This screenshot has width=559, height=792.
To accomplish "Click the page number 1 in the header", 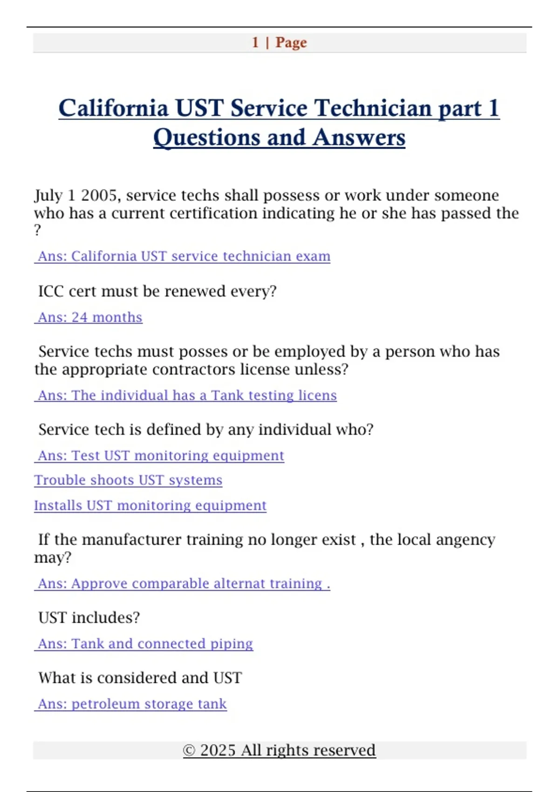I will point(255,42).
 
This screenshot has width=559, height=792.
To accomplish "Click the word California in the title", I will point(113,108).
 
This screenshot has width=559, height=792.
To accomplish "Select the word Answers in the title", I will point(359,137).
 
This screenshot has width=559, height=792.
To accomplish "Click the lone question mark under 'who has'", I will point(38,230).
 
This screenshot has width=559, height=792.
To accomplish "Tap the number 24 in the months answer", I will point(80,317).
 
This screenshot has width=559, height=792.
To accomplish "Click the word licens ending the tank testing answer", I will point(317,396).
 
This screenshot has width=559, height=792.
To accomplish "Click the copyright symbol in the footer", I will point(189,751).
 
